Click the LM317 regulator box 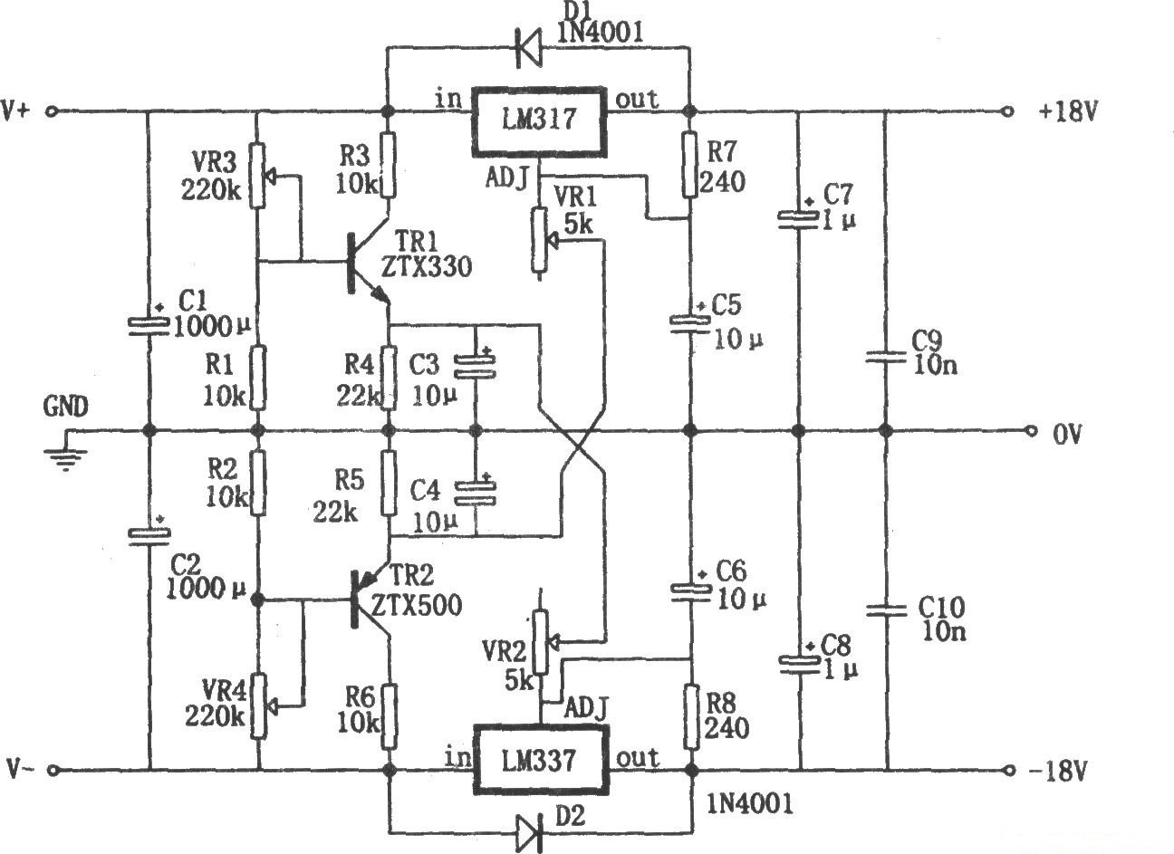(538, 121)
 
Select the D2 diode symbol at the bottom (529, 829)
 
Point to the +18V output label (1070, 111)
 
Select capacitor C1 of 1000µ (147, 324)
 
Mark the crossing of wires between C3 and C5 (582, 451)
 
